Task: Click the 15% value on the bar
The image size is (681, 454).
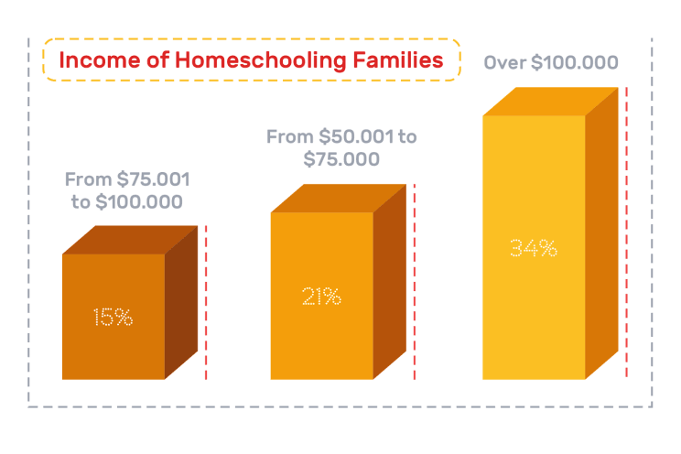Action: [x=113, y=317]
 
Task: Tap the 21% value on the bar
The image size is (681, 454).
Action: [x=321, y=297]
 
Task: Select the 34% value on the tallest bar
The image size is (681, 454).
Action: [x=534, y=247]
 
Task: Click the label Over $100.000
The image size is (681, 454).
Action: [x=550, y=64]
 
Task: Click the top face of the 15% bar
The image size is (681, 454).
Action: [x=129, y=240]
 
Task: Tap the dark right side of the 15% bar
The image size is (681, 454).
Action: [x=181, y=302]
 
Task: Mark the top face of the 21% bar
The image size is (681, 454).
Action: [x=338, y=199]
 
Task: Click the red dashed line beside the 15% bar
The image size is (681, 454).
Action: [x=207, y=302]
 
